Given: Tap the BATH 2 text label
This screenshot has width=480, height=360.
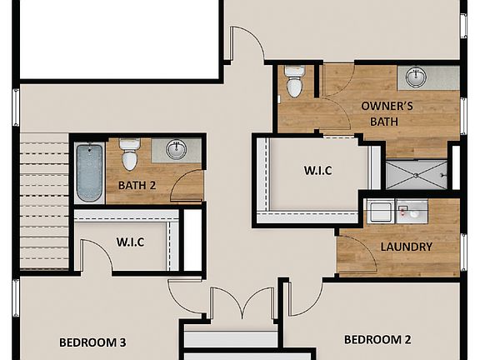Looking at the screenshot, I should pos(137,186).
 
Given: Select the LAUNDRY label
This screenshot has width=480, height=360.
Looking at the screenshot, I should pos(406,247).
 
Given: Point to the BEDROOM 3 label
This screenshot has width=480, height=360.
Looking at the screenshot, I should pos(92,342).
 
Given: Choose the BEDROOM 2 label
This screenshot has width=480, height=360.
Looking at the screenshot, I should pos(378,339).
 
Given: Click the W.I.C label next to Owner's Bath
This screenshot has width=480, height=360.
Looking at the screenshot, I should pos(317,171).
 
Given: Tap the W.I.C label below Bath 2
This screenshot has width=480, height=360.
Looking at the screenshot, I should pos(130,242).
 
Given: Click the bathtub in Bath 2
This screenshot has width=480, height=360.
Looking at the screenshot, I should pos(90,172).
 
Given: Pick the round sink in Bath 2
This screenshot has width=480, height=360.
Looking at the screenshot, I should pos(176,150).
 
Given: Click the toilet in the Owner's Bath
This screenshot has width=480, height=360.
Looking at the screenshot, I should pos(294,81).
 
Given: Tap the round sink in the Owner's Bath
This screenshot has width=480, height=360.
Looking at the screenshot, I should pos(416,77).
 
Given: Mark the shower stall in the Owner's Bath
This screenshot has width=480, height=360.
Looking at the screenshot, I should pos(416,175).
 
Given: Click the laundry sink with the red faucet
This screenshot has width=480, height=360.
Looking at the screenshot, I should pos(411,212).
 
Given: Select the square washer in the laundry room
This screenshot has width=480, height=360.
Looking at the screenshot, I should pos(380,212).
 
